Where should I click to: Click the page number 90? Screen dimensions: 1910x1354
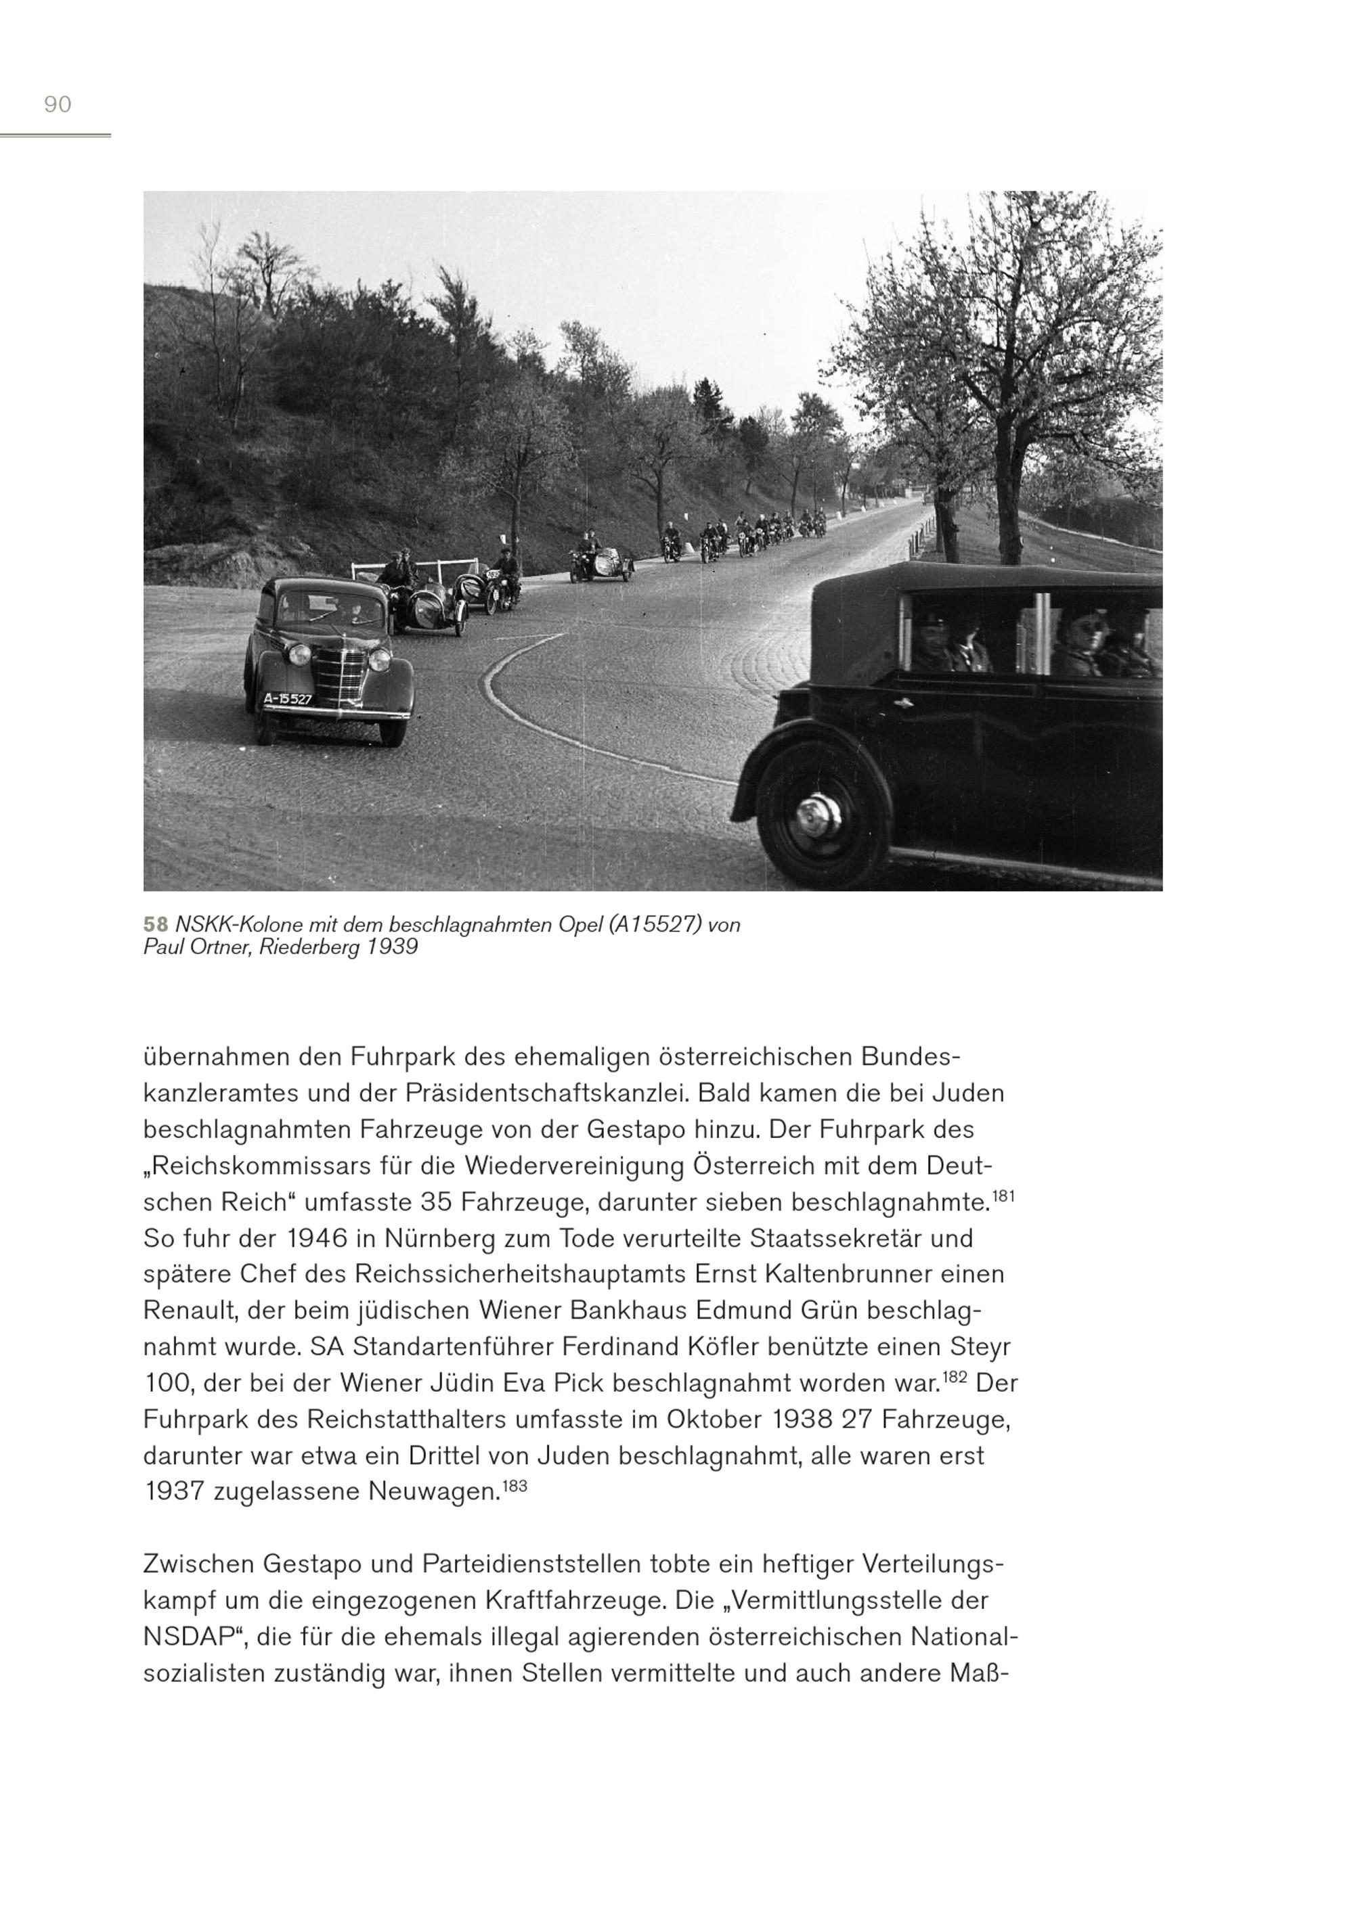[58, 104]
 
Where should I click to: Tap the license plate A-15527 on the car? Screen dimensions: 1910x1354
[288, 699]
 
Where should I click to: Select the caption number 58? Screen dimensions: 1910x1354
[155, 925]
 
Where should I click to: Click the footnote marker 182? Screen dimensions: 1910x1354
[955, 1377]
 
